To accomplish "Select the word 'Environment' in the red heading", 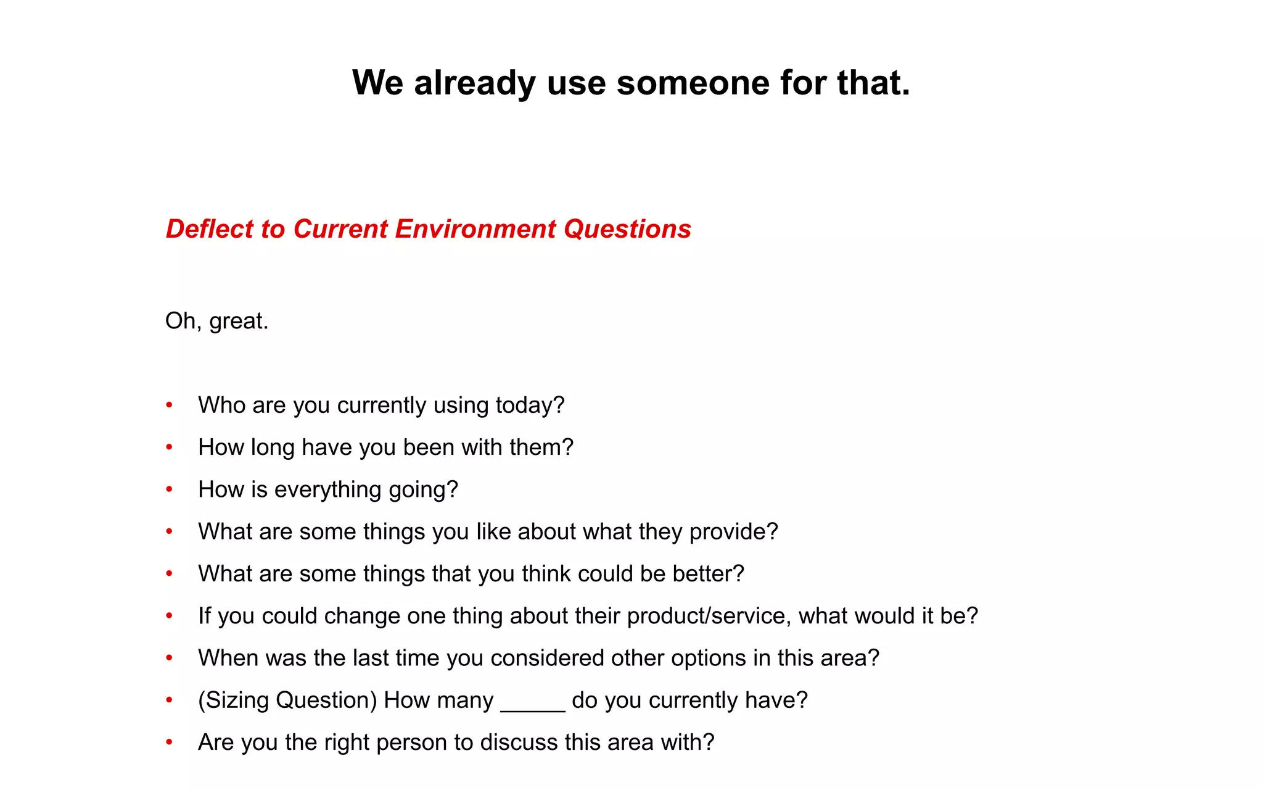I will click(x=475, y=229).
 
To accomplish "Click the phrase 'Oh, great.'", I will click(x=217, y=321).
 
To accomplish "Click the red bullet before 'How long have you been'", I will click(x=169, y=447).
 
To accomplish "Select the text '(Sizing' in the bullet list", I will click(x=234, y=701).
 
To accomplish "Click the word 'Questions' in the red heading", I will click(x=627, y=229).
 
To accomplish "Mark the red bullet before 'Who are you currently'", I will click(x=169, y=405).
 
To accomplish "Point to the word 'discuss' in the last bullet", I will click(x=519, y=742).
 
